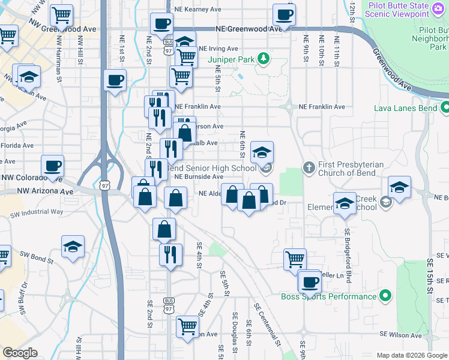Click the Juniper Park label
click(x=231, y=59)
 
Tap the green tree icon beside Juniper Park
click(x=263, y=58)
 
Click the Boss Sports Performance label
click(x=328, y=296)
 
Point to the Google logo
click(x=20, y=353)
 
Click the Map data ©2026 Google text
click(x=412, y=355)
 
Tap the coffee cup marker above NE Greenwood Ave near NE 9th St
click(x=285, y=14)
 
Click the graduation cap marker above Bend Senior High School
click(x=262, y=152)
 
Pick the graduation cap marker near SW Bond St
click(x=73, y=246)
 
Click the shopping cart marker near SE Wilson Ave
click(x=188, y=327)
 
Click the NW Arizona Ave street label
click(x=45, y=191)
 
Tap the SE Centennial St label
click(x=267, y=325)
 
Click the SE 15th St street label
click(x=430, y=276)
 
